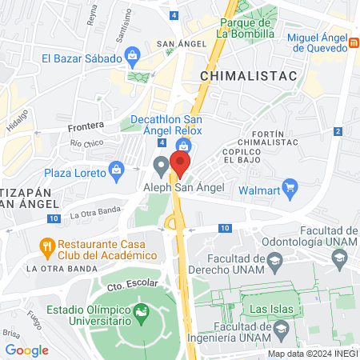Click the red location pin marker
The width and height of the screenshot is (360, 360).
[x=181, y=164]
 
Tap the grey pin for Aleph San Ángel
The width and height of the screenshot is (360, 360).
[x=162, y=166]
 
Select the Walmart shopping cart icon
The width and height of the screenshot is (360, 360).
[x=291, y=190]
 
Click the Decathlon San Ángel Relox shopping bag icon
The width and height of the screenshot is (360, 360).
[x=185, y=146]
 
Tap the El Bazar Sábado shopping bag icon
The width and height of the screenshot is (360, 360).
[x=133, y=58]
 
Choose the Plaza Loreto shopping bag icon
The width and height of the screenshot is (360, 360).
[x=118, y=170]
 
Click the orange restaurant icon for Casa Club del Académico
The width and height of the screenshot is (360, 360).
[x=47, y=246]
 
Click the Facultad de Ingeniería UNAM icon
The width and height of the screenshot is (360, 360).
[x=281, y=329]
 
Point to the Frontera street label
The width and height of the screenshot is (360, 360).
[x=86, y=126]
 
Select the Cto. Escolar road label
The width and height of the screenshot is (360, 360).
[x=127, y=285]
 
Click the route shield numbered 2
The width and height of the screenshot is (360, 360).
[x=338, y=130]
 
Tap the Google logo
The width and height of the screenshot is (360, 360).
[x=26, y=350]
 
